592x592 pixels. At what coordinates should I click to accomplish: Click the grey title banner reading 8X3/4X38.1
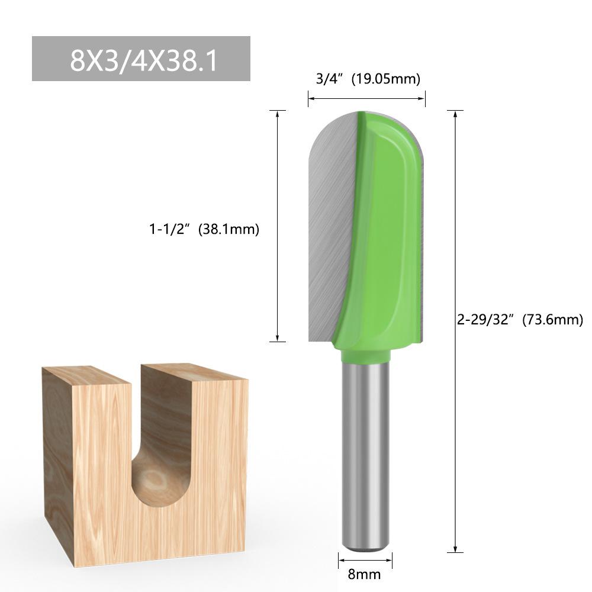click(x=141, y=59)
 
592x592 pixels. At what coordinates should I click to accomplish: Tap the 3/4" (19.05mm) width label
click(x=368, y=79)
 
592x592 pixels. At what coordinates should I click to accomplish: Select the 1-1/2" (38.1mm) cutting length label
click(x=204, y=229)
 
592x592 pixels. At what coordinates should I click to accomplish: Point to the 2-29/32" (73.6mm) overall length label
click(x=520, y=320)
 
